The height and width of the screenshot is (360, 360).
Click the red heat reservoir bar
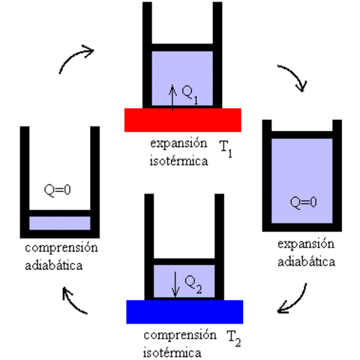(x=182, y=119)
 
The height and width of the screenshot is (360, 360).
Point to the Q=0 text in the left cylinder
(x=58, y=190)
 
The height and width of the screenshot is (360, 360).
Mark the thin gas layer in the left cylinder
(x=59, y=223)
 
